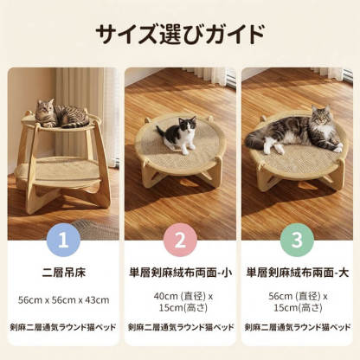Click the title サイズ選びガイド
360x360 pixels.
(180, 35)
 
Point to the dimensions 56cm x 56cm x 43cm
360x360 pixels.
(63, 299)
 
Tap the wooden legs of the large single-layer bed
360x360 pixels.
(297, 177)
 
